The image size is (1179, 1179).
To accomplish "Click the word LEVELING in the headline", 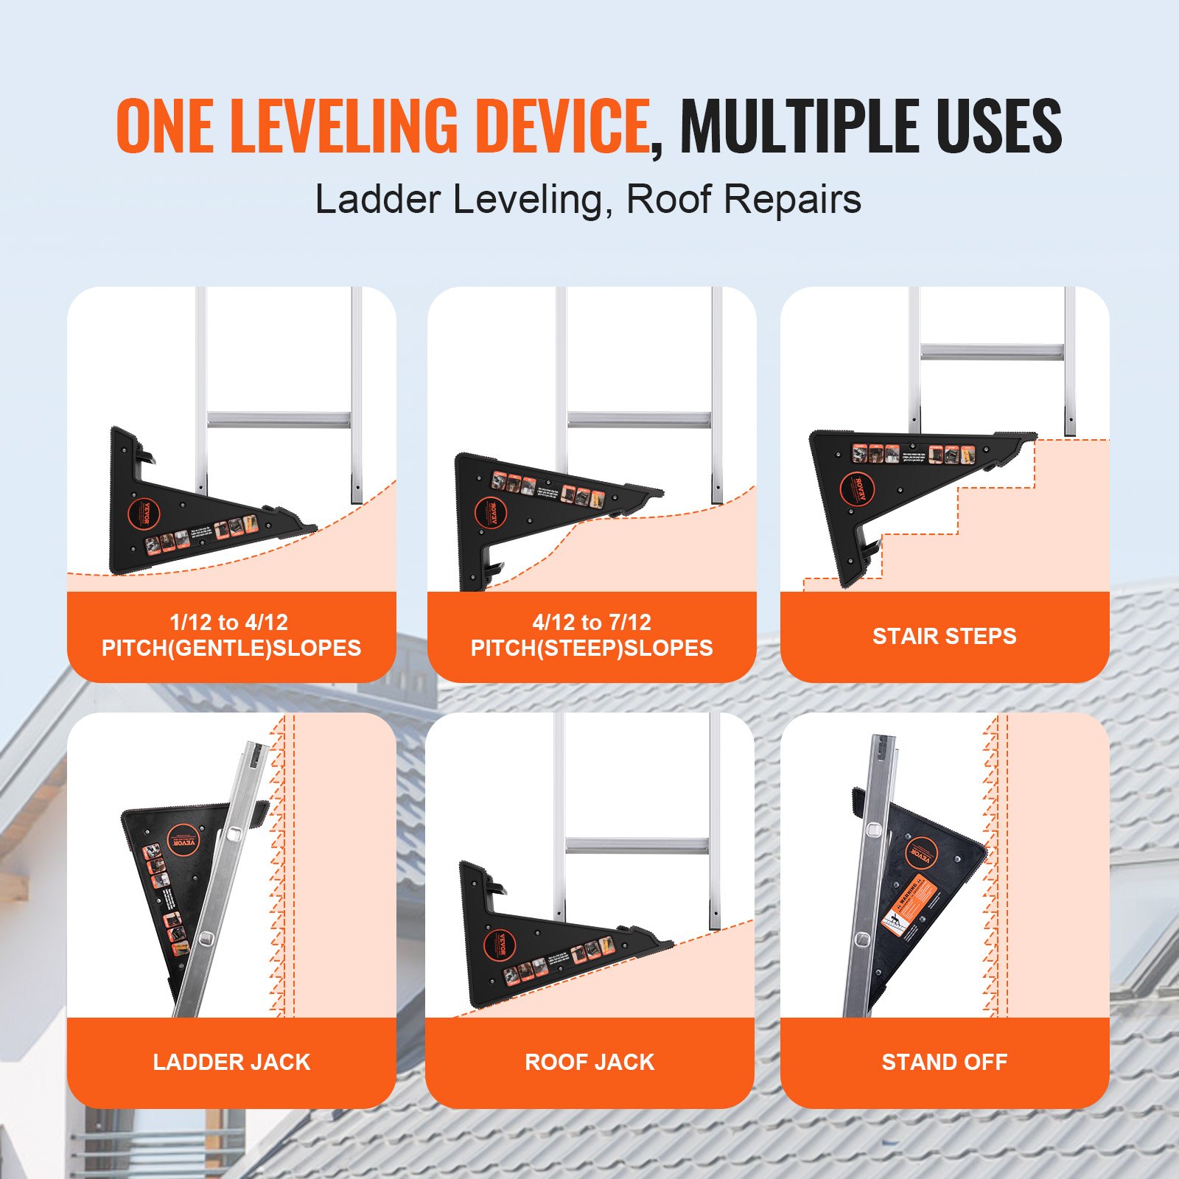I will click(343, 126).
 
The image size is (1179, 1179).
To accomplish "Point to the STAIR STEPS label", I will click(944, 636).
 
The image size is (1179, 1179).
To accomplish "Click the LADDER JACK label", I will click(231, 1062).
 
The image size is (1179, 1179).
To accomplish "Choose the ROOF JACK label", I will click(589, 1062).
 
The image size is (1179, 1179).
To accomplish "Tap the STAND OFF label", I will click(944, 1062).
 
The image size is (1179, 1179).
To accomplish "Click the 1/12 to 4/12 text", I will click(228, 622).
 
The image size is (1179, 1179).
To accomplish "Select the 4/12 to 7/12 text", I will click(592, 622).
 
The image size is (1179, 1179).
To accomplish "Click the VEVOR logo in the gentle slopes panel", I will click(144, 513).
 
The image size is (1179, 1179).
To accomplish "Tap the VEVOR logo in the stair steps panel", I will click(856, 489).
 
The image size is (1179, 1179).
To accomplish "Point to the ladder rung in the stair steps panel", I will click(991, 351).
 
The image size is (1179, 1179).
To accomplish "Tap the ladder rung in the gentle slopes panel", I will click(279, 419).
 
